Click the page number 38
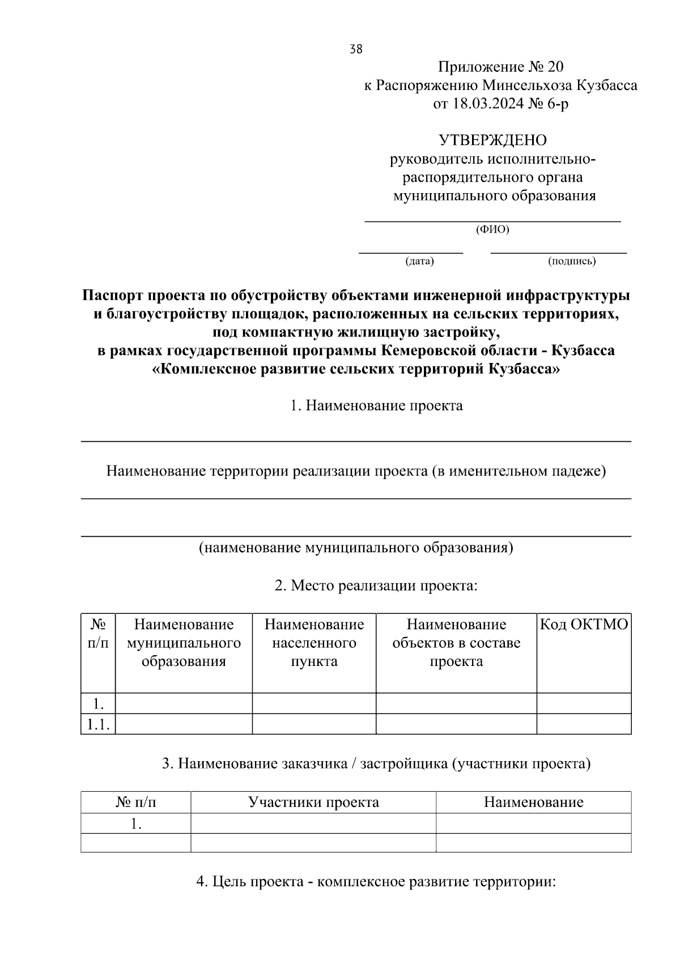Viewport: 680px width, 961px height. [x=356, y=49]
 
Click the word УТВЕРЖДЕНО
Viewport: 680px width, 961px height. [x=492, y=139]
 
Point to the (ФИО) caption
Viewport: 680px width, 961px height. [x=492, y=229]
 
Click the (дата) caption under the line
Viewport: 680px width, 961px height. [x=419, y=261]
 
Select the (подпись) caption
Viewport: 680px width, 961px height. [x=571, y=261]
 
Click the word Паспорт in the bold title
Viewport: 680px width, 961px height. [x=112, y=296]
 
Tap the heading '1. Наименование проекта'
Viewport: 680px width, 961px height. [x=376, y=405]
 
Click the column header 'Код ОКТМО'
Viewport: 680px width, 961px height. [x=584, y=625]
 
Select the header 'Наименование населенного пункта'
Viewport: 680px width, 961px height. [x=314, y=643]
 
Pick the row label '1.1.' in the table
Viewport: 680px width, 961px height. [x=97, y=724]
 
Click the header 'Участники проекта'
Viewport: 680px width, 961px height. [x=313, y=802]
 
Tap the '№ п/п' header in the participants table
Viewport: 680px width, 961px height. [x=136, y=802]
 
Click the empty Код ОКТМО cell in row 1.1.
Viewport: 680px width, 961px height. [x=584, y=724]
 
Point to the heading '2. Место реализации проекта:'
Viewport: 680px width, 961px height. [x=376, y=585]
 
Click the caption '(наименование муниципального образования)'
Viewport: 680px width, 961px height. [x=356, y=548]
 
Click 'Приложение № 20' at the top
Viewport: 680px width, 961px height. [x=500, y=67]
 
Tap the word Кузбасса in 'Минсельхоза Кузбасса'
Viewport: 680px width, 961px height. [x=606, y=86]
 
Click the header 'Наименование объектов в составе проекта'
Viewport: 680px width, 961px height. [x=456, y=643]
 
